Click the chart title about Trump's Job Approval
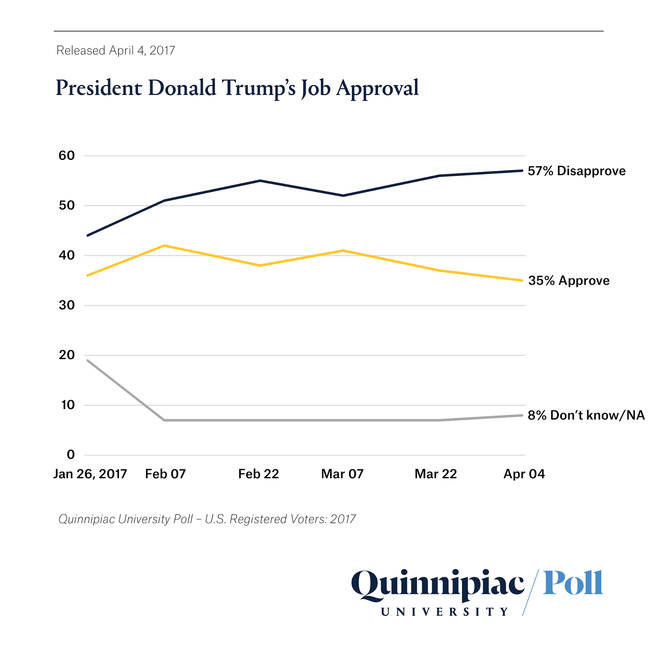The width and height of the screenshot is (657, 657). point(237,88)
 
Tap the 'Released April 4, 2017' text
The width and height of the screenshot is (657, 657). point(116,51)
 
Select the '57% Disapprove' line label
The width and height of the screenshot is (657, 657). point(576,171)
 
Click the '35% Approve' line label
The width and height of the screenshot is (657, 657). point(569,281)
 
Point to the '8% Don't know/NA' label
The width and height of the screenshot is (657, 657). point(586,415)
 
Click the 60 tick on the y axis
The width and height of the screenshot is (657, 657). point(67,156)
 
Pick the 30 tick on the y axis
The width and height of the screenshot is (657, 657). point(67,305)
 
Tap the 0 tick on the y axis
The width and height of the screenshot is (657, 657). point(71,454)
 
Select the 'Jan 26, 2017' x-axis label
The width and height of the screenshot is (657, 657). point(90,474)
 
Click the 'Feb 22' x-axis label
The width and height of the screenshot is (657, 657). point(258,474)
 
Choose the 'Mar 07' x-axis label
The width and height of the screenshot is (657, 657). point(342,474)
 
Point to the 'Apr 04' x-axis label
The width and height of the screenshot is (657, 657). point(524,474)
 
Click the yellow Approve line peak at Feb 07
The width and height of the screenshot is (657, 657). point(164,246)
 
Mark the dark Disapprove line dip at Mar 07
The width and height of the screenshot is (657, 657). point(343,196)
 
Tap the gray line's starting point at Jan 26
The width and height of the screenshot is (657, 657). point(88,360)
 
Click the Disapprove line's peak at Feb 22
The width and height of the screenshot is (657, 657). point(260,181)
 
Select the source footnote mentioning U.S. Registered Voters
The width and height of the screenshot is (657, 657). point(207,519)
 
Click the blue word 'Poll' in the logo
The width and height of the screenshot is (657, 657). point(573,583)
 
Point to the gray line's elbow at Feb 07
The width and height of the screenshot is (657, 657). point(164,420)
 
